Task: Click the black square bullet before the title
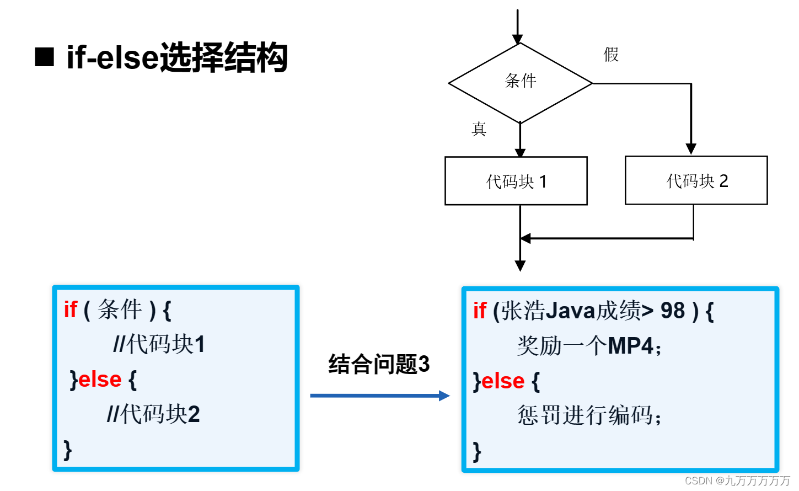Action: (x=44, y=57)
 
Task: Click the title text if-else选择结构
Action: (x=177, y=57)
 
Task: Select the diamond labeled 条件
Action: (x=520, y=83)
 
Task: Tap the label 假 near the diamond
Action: (x=611, y=55)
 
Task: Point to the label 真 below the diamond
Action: (x=479, y=129)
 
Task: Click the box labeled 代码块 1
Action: (x=516, y=181)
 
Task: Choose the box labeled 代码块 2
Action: (x=696, y=180)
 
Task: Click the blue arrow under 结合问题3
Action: (x=380, y=396)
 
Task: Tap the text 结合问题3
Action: (x=379, y=364)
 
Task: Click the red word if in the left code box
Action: (x=70, y=309)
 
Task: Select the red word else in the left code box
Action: (x=100, y=380)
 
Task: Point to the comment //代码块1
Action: (x=159, y=344)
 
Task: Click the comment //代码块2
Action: (x=153, y=414)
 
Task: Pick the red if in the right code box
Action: (x=479, y=311)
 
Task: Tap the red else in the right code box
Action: (x=502, y=381)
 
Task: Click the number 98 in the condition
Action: (x=673, y=311)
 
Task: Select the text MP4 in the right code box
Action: (x=630, y=346)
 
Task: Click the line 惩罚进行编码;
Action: (x=589, y=415)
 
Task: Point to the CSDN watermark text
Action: (x=737, y=481)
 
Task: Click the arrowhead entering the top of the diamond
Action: (x=517, y=39)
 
